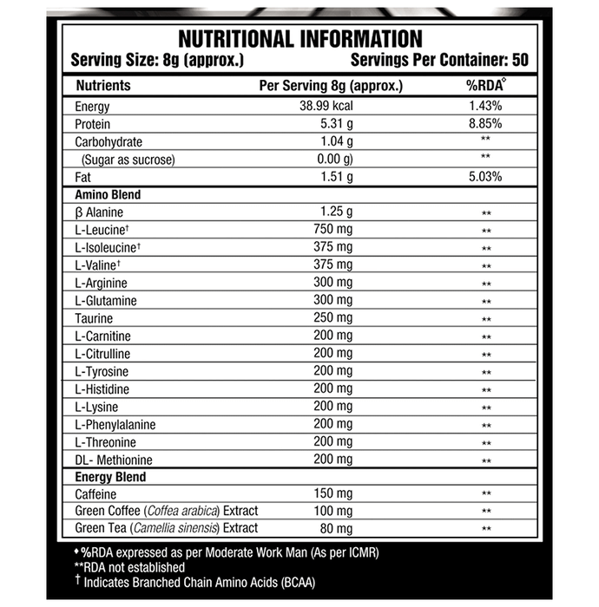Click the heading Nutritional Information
pyautogui.click(x=299, y=39)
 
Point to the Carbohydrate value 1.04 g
pyautogui.click(x=336, y=141)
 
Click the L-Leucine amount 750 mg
pyautogui.click(x=332, y=229)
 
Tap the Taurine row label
pyautogui.click(x=95, y=318)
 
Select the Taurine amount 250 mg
pyautogui.click(x=332, y=318)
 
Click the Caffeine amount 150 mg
pyautogui.click(x=332, y=493)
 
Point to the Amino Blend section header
pyautogui.click(x=109, y=195)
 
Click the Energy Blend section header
pyautogui.click(x=110, y=477)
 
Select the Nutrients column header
pyautogui.click(x=103, y=86)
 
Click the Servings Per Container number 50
pyautogui.click(x=518, y=61)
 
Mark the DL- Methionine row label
pyautogui.click(x=114, y=459)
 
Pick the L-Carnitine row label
pyautogui.click(x=103, y=336)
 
